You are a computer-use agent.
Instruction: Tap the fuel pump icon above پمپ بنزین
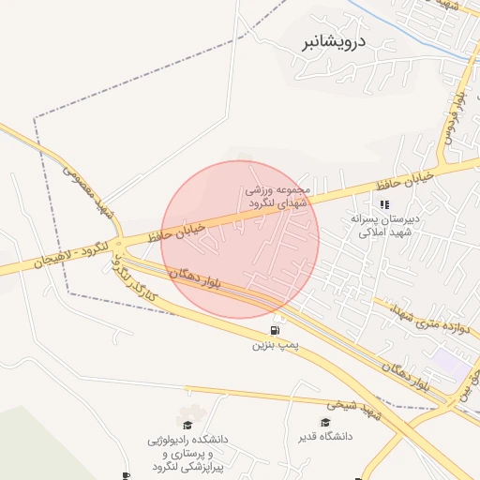click(275, 330)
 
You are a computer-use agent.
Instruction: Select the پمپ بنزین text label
click(275, 345)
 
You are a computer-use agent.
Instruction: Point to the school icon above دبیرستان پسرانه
click(383, 204)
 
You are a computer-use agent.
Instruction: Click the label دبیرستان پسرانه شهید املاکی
click(383, 225)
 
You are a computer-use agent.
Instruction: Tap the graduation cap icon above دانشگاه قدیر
click(325, 422)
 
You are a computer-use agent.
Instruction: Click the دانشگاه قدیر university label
click(325, 436)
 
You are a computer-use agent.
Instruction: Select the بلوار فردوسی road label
click(453, 122)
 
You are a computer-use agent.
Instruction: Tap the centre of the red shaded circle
click(240, 239)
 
